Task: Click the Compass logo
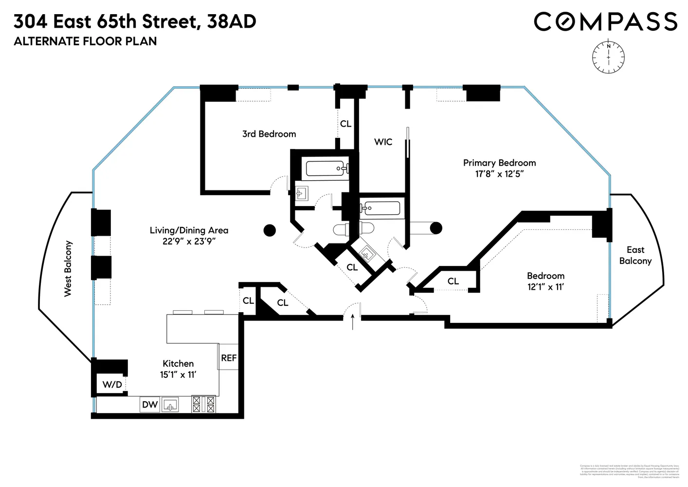pyautogui.click(x=605, y=22)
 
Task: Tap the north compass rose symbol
pyautogui.click(x=608, y=57)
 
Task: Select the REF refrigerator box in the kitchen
pyautogui.click(x=228, y=357)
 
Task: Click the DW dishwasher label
pyautogui.click(x=150, y=404)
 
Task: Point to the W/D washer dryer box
pyautogui.click(x=112, y=385)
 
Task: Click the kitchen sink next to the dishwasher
pyautogui.click(x=170, y=405)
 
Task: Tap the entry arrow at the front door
pyautogui.click(x=353, y=322)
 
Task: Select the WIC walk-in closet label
pyautogui.click(x=383, y=142)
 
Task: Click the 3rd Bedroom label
pyautogui.click(x=269, y=134)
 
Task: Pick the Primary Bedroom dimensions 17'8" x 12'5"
pyautogui.click(x=499, y=174)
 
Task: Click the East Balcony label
pyautogui.click(x=635, y=255)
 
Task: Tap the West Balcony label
pyautogui.click(x=68, y=268)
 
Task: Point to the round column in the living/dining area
pyautogui.click(x=270, y=230)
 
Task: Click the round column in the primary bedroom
pyautogui.click(x=436, y=227)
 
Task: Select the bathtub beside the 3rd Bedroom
pyautogui.click(x=326, y=169)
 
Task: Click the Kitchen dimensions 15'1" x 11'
pyautogui.click(x=178, y=375)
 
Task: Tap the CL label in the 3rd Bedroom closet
pyautogui.click(x=345, y=124)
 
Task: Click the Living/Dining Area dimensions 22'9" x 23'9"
pyautogui.click(x=189, y=241)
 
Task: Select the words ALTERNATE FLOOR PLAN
pyautogui.click(x=85, y=41)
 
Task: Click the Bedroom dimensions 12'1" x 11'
pyautogui.click(x=545, y=287)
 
